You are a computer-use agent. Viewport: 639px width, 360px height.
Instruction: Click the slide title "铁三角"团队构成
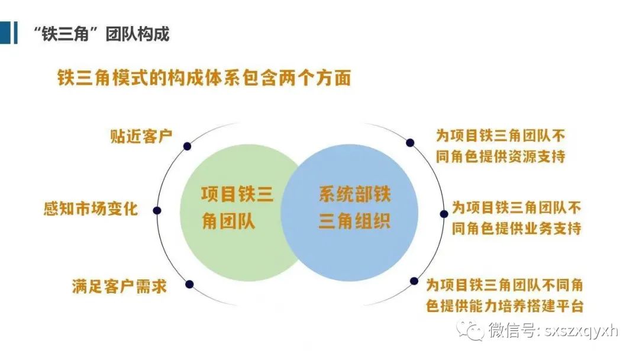coord(101,34)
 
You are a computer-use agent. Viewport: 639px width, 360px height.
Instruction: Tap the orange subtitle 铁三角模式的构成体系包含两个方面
coord(204,78)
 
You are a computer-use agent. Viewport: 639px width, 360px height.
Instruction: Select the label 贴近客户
coord(141,136)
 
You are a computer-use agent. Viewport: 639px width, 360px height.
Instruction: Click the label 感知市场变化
coord(91,209)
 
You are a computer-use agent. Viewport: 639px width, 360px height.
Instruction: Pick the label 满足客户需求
coord(120,286)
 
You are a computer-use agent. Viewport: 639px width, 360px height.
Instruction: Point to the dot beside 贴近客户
coord(187,146)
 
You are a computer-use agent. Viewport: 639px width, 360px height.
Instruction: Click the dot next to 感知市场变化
coord(157,210)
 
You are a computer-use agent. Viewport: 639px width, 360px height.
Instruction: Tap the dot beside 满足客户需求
coord(189,284)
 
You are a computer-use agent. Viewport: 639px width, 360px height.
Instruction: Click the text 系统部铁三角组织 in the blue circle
coord(354,208)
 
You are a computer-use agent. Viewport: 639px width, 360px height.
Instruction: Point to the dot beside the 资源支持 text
coord(410,143)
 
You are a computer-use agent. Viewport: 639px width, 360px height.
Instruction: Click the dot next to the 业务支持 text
coord(444,214)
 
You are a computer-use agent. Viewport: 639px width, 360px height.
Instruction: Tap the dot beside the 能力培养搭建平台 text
coord(414,281)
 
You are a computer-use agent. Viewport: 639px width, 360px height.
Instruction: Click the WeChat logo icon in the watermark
coord(470,330)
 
